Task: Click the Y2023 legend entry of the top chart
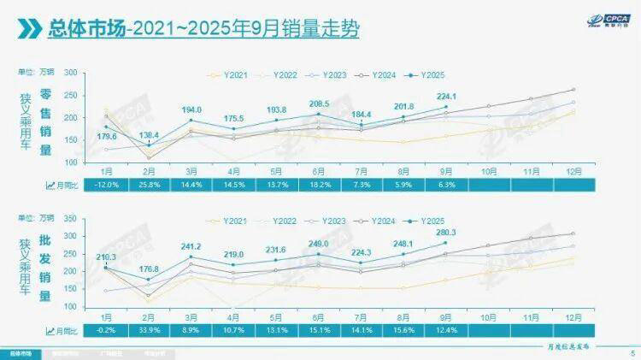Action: [327, 76]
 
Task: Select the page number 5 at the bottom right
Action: [631, 352]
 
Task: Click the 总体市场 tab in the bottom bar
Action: [21, 352]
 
